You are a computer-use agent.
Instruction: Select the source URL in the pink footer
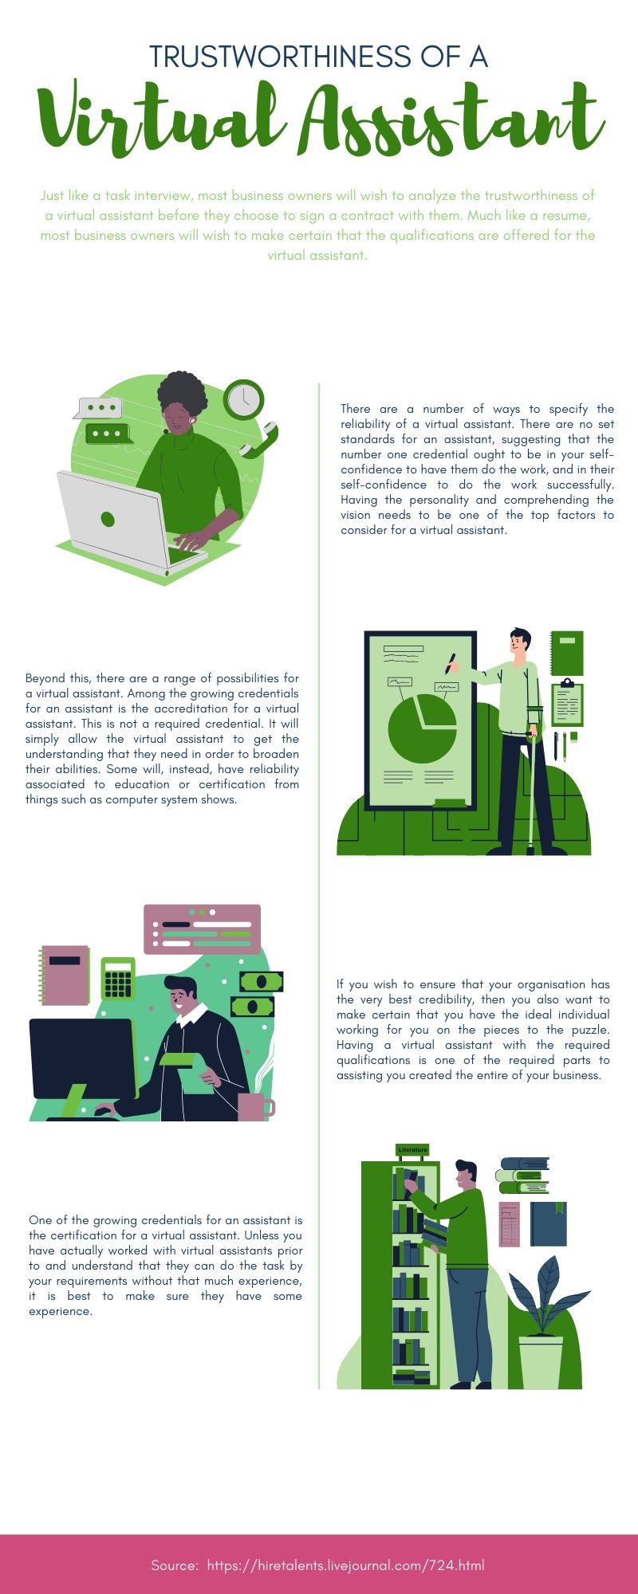(x=345, y=1565)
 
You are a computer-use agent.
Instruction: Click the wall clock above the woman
(x=243, y=399)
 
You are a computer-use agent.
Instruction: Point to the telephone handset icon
(x=258, y=441)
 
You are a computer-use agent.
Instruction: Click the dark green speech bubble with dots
(x=108, y=434)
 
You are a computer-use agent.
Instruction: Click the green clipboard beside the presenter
(x=567, y=703)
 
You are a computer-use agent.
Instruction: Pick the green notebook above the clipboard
(x=567, y=653)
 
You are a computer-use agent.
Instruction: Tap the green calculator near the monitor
(x=118, y=980)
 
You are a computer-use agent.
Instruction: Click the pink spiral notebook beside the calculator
(x=65, y=975)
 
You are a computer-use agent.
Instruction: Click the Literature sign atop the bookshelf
(x=412, y=1150)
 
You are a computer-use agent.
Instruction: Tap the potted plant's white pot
(x=541, y=1361)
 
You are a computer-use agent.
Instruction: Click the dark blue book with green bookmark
(x=548, y=1223)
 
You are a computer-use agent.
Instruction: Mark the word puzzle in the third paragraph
(x=591, y=1030)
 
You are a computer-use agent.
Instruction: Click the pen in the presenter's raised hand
(x=451, y=663)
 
